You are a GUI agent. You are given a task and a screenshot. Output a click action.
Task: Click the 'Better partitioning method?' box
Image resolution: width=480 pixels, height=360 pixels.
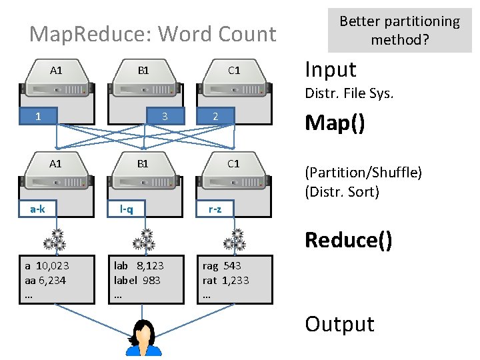click(399, 31)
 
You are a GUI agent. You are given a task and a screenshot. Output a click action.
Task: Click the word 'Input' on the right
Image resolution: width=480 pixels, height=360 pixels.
click(330, 69)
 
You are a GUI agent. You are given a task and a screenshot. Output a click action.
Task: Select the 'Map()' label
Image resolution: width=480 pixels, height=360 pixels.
click(335, 123)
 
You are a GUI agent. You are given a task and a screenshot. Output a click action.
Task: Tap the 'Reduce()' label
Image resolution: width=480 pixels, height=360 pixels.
click(348, 239)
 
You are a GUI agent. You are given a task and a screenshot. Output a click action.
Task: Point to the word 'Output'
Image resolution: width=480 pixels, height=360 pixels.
click(339, 324)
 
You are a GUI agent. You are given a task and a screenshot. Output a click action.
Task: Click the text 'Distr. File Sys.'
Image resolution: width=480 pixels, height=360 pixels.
click(349, 94)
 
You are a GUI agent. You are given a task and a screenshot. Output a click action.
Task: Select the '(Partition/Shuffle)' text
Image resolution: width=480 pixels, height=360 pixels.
click(363, 173)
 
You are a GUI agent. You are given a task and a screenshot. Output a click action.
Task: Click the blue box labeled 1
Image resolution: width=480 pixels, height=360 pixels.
click(38, 117)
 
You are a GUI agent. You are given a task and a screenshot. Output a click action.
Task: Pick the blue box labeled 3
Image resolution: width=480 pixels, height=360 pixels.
click(164, 117)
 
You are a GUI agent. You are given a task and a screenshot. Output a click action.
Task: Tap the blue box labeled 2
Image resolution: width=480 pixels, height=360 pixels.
click(215, 117)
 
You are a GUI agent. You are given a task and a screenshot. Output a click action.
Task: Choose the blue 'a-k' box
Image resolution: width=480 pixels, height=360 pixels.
click(38, 209)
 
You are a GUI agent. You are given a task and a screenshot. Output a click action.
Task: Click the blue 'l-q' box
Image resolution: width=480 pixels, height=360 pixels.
click(126, 209)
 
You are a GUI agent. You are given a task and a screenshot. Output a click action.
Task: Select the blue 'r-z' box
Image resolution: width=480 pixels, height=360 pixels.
click(215, 209)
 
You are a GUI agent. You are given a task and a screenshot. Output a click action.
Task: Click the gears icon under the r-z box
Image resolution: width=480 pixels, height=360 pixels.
click(233, 240)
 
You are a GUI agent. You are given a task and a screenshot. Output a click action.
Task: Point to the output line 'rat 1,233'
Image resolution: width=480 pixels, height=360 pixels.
click(225, 280)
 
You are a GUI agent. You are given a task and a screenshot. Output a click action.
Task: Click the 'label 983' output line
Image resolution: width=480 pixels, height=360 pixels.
click(137, 280)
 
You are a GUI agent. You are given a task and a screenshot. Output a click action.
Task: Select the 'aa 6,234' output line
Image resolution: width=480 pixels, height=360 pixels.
click(45, 280)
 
